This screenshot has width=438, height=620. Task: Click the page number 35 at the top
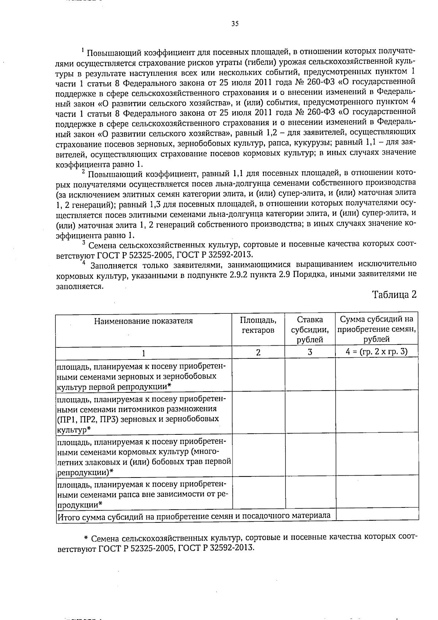click(235, 24)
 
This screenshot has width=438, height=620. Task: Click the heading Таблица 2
click(394, 294)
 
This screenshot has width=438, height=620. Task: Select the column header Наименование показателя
click(143, 321)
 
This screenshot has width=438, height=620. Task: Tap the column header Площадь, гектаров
click(258, 325)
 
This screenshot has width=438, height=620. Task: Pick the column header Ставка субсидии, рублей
click(310, 329)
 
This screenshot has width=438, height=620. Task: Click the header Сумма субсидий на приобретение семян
click(377, 329)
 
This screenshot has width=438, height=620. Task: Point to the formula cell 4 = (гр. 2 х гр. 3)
click(377, 351)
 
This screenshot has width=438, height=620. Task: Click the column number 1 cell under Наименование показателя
click(143, 353)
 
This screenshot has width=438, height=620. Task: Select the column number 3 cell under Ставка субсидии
click(310, 352)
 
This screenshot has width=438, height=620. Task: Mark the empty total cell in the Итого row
click(377, 515)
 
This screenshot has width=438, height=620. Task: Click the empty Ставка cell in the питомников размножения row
click(310, 412)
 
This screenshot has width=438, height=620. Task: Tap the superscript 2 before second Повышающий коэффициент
click(84, 171)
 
